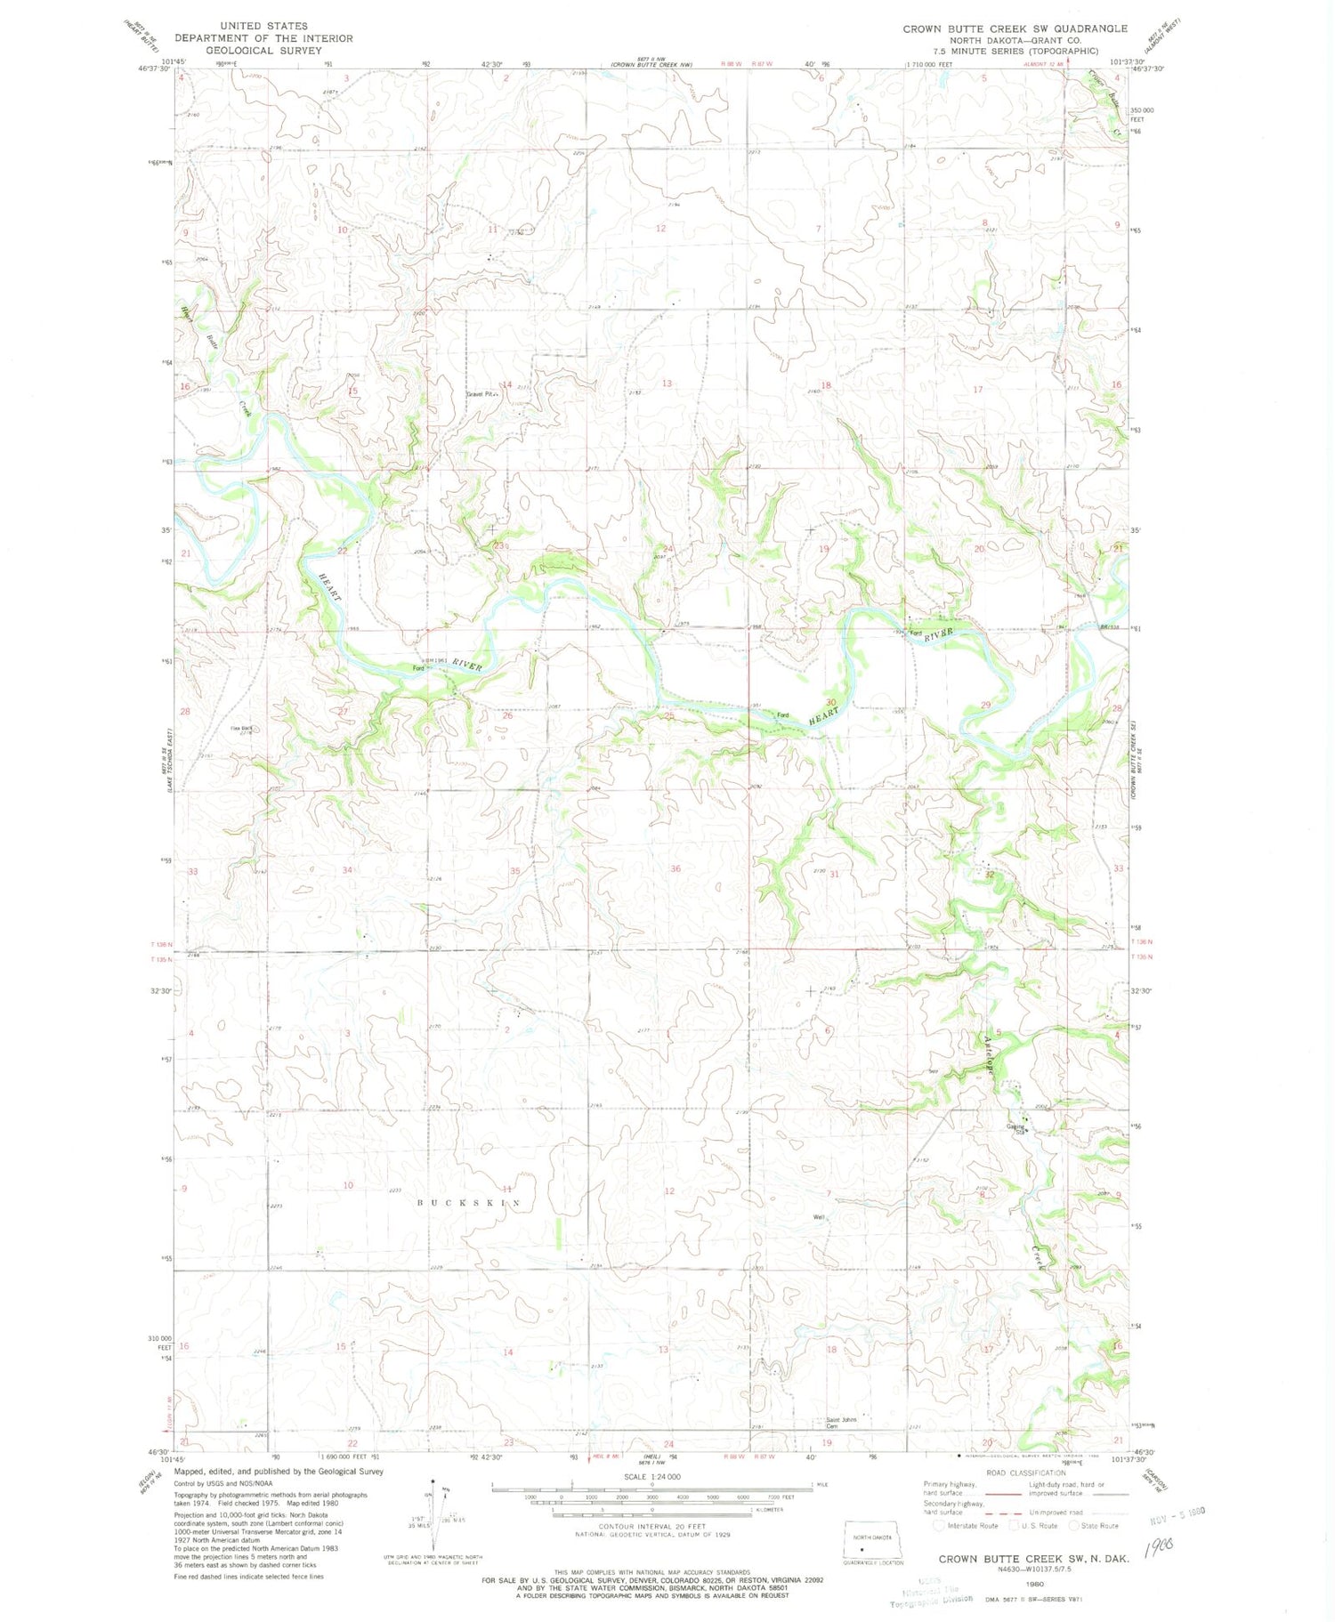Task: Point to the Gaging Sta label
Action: (1016, 1129)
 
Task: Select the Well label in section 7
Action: (819, 1218)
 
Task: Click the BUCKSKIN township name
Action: (470, 1202)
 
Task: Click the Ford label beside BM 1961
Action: (417, 668)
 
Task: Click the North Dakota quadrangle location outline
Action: (874, 1546)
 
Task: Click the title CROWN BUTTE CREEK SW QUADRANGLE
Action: (1015, 29)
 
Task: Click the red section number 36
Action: (676, 868)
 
